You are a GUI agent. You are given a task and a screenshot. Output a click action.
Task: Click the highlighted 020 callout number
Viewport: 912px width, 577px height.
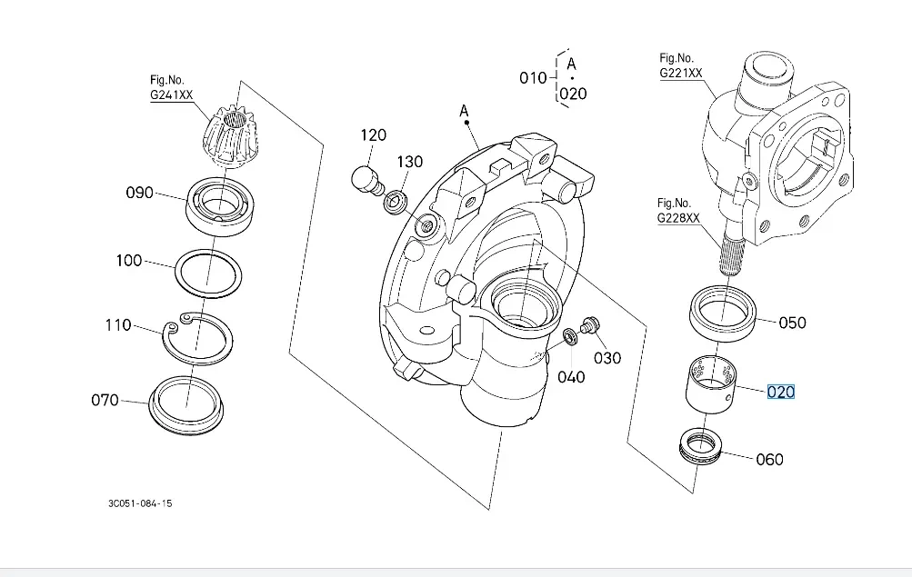click(x=780, y=393)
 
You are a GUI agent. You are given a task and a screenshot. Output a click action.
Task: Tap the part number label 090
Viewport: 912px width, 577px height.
click(x=140, y=193)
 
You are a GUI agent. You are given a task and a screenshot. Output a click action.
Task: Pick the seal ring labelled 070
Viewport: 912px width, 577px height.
click(x=186, y=429)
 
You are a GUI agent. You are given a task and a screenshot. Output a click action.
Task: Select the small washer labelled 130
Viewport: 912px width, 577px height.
click(x=396, y=201)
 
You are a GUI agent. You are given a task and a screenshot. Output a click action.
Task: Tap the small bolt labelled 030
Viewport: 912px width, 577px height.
click(x=590, y=325)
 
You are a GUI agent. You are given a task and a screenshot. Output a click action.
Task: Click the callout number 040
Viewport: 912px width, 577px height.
click(x=571, y=377)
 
